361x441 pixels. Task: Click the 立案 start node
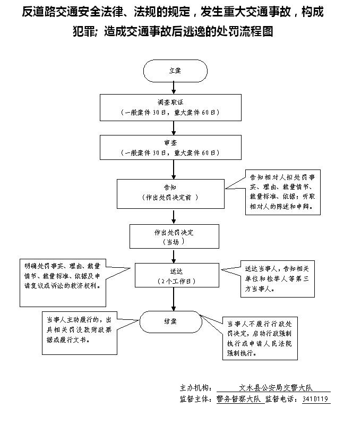tap(175, 71)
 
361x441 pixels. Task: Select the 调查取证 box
tap(174, 107)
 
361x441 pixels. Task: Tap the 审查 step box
tap(174, 147)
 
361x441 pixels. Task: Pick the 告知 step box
tap(170, 193)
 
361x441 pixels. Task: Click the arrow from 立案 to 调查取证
tap(174, 88)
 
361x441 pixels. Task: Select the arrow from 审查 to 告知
tap(174, 169)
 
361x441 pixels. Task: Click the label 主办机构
tap(196, 388)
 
